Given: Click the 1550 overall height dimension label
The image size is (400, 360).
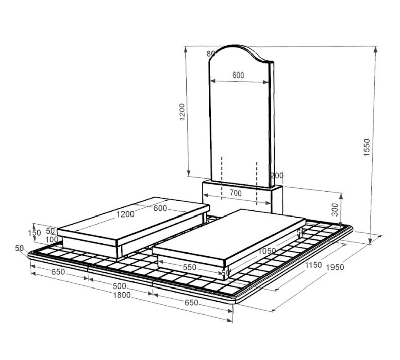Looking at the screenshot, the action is click(367, 148).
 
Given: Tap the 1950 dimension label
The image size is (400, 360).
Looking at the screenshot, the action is click(335, 267).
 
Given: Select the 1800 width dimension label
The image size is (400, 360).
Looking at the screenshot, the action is click(122, 295).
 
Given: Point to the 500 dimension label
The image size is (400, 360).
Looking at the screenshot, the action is click(119, 286).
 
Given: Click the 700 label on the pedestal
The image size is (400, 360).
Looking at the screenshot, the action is click(235, 193).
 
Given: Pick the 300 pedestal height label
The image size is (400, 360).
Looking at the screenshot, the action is click(335, 209).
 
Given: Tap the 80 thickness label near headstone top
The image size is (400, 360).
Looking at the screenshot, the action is click(211, 53).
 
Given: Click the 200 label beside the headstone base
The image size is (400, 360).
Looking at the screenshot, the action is click(277, 175).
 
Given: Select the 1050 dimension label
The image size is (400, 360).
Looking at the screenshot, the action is click(267, 251).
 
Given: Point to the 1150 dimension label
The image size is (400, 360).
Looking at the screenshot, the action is click(313, 265).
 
